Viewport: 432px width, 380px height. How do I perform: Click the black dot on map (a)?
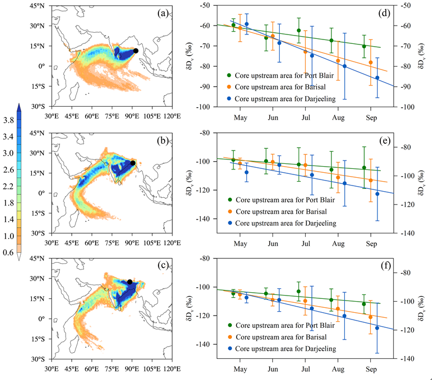click(x=136, y=51)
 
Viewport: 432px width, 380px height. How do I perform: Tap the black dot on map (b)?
click(x=133, y=163)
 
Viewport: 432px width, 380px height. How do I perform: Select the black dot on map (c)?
click(x=130, y=282)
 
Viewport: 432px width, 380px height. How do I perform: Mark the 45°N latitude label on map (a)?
click(x=41, y=6)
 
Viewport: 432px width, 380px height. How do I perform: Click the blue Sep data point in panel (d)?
click(x=377, y=78)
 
